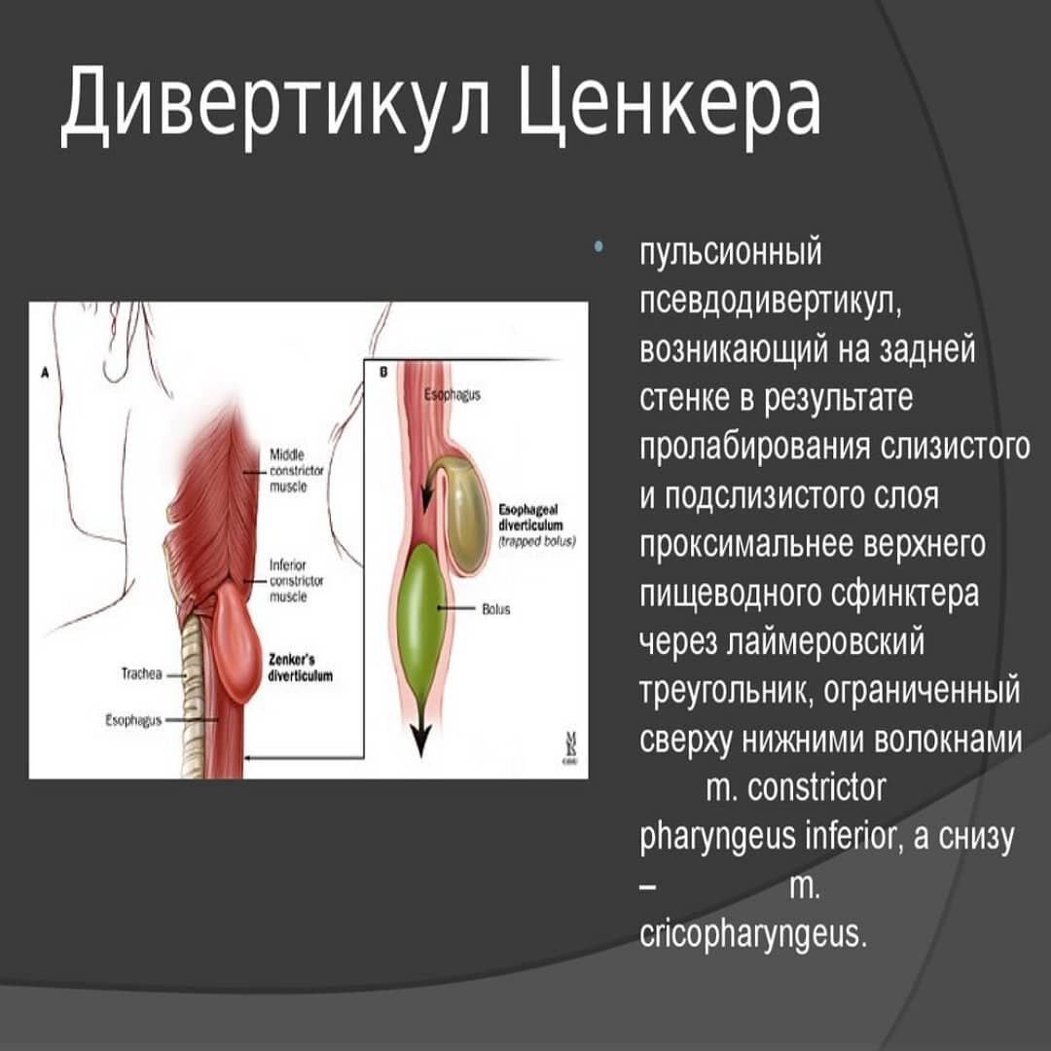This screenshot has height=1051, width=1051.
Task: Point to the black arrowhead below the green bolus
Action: [420, 742]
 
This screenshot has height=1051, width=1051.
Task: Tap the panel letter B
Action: [382, 372]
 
